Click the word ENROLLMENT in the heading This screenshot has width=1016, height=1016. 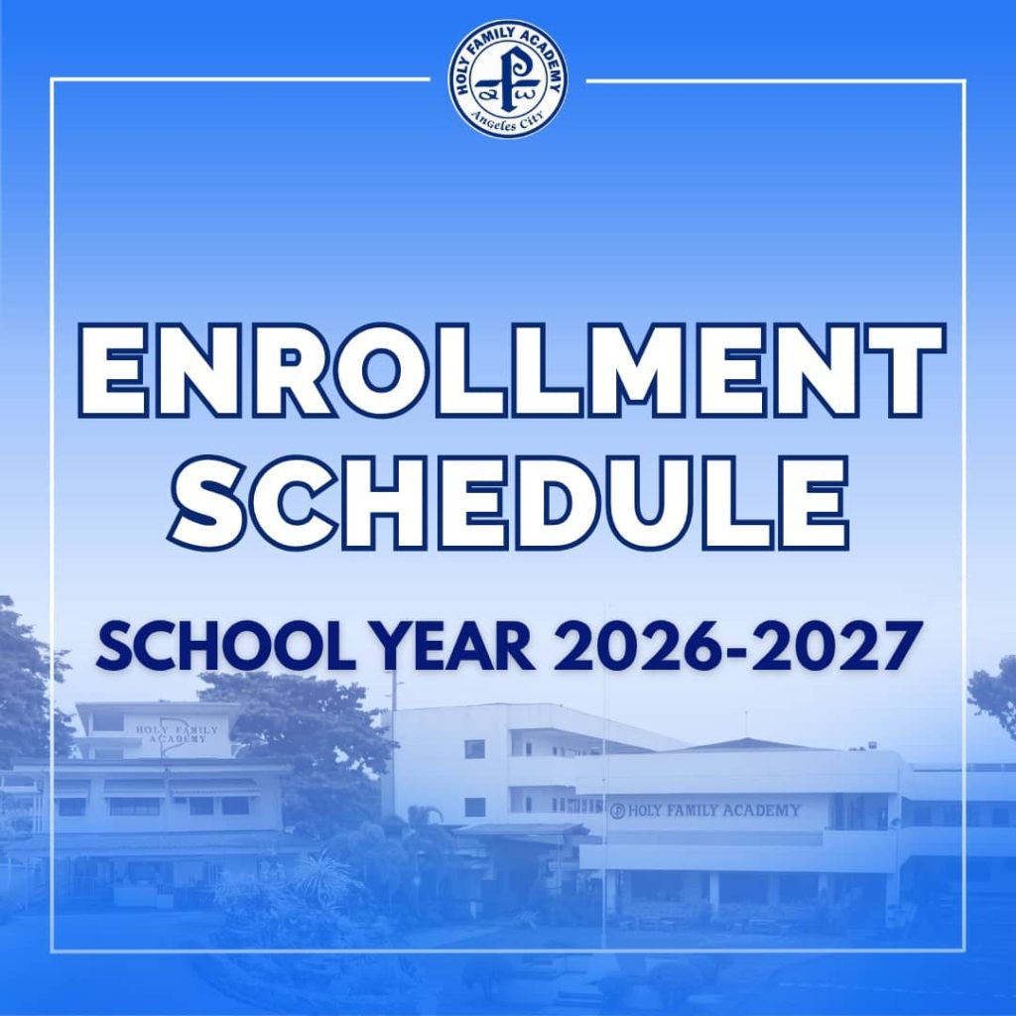pos(508,369)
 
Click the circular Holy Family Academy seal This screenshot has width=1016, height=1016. pos(508,79)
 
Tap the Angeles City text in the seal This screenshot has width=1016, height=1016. pos(508,122)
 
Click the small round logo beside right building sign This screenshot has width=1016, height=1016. pos(617,812)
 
